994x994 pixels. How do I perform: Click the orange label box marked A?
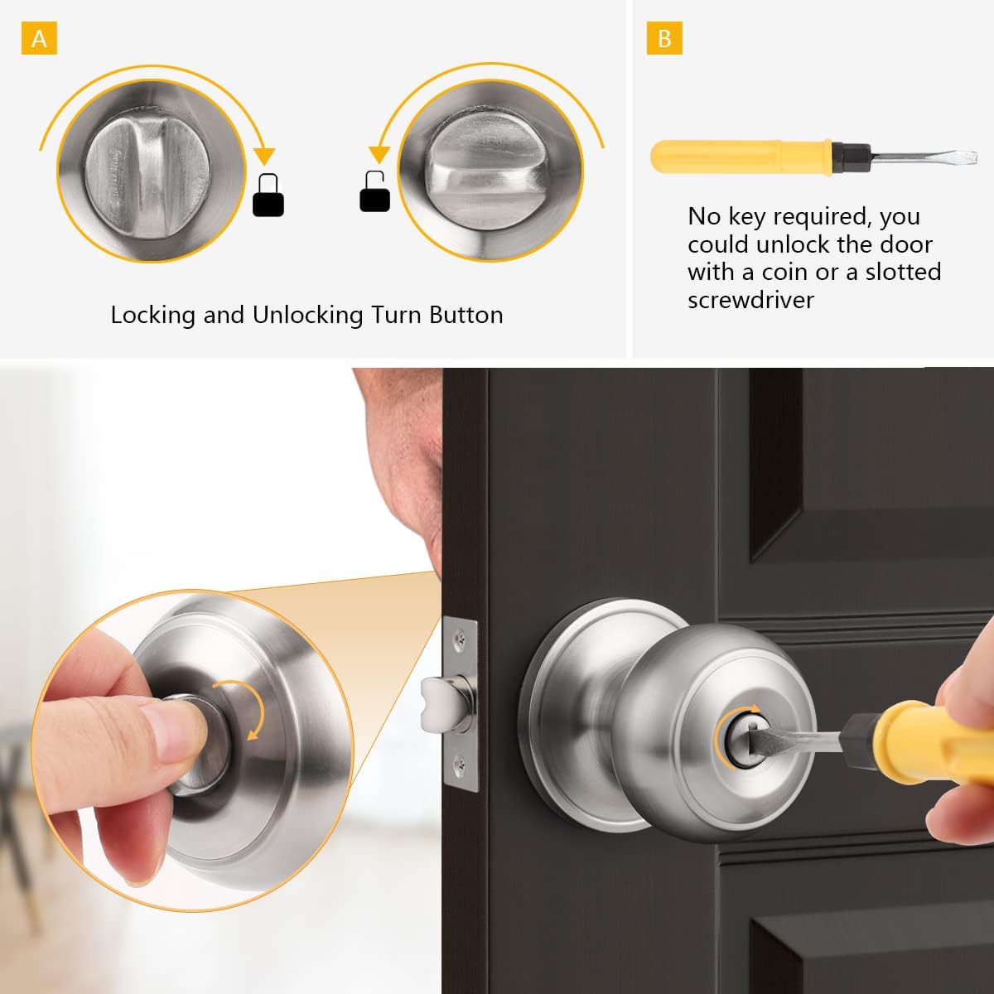39,39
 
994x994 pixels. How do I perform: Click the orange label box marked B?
664,39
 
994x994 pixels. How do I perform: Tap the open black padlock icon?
374,191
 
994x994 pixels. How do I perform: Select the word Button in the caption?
466,315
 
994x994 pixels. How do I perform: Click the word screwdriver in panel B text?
750,300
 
